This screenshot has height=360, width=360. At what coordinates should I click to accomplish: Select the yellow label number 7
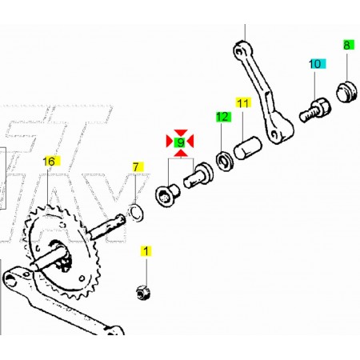click(137, 167)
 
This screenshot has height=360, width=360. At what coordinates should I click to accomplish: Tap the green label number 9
click(180, 142)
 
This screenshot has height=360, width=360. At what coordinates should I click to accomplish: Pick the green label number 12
click(223, 117)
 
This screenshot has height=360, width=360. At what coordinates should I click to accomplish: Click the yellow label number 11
click(243, 103)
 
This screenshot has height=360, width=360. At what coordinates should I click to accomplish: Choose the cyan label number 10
click(318, 64)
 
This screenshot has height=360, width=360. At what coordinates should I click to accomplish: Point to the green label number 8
click(348, 45)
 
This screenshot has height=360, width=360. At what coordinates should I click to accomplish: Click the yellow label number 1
click(146, 251)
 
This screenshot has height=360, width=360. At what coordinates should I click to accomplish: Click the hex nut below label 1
click(143, 292)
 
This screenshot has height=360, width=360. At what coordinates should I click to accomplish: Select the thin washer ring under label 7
click(136, 213)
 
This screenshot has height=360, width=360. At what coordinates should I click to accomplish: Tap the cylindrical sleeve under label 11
click(248, 148)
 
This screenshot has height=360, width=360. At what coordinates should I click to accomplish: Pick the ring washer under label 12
click(225, 162)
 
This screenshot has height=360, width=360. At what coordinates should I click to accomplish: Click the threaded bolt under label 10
click(315, 110)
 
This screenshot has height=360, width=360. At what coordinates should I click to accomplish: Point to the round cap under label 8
click(346, 91)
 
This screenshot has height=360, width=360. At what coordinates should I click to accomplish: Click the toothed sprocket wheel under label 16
click(63, 252)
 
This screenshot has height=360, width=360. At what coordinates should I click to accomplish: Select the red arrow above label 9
click(180, 133)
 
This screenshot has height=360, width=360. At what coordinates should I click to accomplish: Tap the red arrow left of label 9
click(170, 141)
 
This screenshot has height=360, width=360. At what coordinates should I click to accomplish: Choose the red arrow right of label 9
click(190, 141)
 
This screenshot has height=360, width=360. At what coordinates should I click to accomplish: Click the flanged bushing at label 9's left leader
click(167, 195)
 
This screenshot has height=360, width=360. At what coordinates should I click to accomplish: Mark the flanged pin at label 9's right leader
click(198, 175)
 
